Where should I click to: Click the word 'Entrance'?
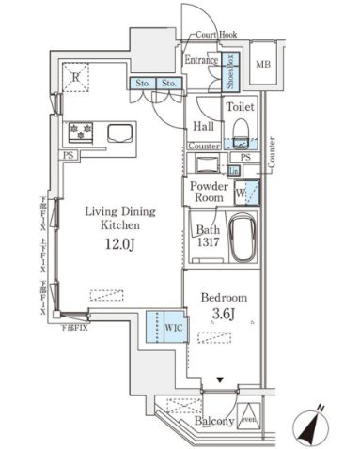[x=201, y=60]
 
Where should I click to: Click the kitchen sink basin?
[x=123, y=133]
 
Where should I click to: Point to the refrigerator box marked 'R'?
[x=73, y=77]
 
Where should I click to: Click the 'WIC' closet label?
[x=171, y=328]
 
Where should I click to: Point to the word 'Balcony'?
[x=214, y=422]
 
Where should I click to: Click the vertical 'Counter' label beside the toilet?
[x=272, y=152]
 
